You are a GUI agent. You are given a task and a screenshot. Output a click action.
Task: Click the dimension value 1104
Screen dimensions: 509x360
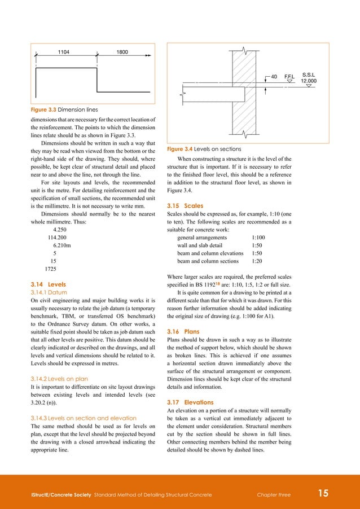coord(64,51)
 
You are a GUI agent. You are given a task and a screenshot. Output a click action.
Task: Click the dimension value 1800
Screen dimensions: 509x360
coord(122,51)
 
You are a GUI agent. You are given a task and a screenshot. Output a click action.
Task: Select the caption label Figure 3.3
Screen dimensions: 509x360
coord(43,109)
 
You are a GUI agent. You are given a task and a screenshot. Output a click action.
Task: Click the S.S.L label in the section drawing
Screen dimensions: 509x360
coord(309,74)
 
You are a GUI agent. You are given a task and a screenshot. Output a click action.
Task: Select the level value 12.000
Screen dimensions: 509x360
coord(309,81)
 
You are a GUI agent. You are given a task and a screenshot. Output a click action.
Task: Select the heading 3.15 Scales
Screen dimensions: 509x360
coord(185,205)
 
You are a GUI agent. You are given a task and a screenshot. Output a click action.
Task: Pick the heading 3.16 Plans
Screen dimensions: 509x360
coord(183,332)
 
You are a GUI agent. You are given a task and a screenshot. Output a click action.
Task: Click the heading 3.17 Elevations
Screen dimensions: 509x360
coord(190,402)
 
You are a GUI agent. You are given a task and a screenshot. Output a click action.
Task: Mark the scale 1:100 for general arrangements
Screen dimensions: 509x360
coord(258,238)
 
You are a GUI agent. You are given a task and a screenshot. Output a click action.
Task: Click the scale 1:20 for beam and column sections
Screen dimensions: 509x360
coord(257,261)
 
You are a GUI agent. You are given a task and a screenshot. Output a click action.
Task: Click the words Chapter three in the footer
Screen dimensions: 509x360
coord(273,495)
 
